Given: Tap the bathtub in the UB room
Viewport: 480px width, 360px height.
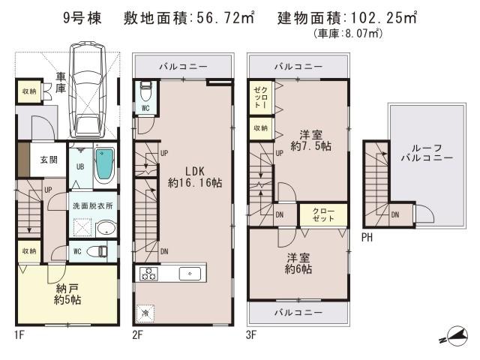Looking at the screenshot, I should [105, 166].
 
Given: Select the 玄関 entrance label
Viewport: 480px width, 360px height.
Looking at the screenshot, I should [49, 159].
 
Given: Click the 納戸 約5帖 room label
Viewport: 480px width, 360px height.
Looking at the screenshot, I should [67, 294].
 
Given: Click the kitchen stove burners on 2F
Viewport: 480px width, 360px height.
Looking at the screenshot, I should [145, 273].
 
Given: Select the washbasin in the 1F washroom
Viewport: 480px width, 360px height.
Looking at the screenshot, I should [106, 229].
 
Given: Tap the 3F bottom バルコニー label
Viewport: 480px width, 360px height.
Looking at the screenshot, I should [298, 310].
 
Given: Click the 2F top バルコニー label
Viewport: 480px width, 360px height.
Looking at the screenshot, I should [183, 66].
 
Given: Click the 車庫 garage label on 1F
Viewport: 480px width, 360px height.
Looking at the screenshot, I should [62, 82].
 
